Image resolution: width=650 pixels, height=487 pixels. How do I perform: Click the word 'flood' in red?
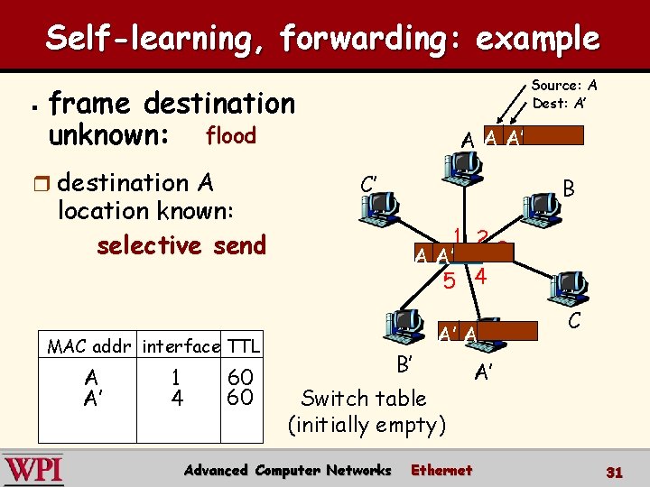click(x=231, y=136)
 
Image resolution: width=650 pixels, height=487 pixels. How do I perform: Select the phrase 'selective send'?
click(x=181, y=245)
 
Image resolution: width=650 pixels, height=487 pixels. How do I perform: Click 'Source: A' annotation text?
click(x=564, y=86)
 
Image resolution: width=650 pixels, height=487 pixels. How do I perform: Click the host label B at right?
click(x=569, y=189)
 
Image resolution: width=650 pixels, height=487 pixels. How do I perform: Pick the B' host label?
click(x=404, y=365)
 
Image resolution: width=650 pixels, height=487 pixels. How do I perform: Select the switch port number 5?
click(x=450, y=281)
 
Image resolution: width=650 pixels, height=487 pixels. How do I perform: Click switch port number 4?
click(x=480, y=277)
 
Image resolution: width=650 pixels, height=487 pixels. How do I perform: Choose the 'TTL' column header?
click(x=243, y=345)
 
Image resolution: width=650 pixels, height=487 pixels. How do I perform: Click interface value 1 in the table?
click(x=177, y=376)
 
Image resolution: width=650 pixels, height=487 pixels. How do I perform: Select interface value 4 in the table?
click(x=177, y=397)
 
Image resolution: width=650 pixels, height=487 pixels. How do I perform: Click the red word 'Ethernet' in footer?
click(x=441, y=470)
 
